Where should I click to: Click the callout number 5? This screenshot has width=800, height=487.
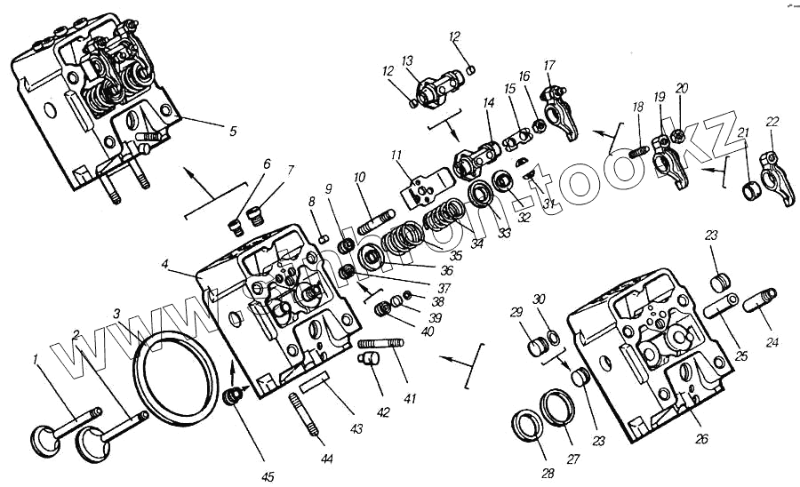pyautogui.click(x=233, y=131)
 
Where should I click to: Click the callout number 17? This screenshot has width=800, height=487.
pyautogui.click(x=549, y=65)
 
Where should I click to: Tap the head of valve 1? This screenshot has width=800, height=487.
pyautogui.click(x=44, y=439)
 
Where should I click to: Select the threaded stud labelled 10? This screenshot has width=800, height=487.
pyautogui.click(x=376, y=220)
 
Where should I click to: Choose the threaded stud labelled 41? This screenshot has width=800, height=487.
pyautogui.click(x=380, y=343)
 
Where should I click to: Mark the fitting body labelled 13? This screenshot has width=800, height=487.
pyautogui.click(x=435, y=90)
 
